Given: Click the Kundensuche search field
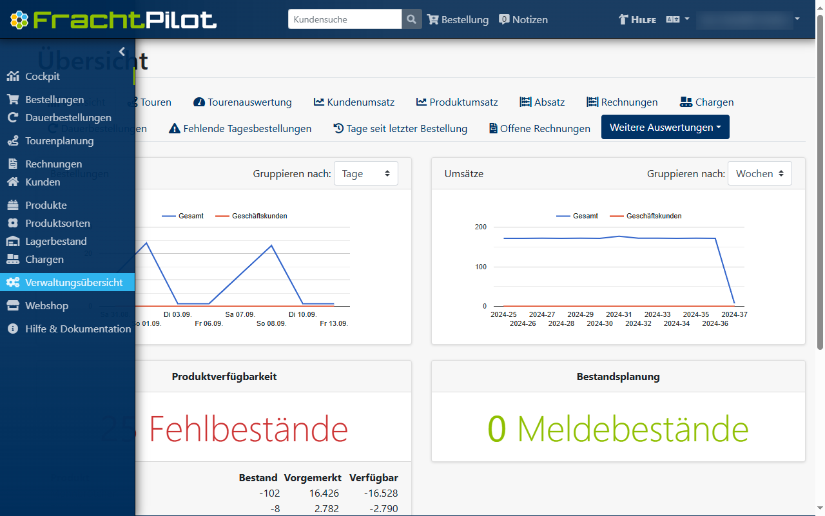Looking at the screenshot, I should click(345, 19).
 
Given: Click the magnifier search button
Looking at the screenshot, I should click(412, 19).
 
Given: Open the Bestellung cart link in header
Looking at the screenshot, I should click(458, 19).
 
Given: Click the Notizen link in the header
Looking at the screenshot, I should click(523, 19).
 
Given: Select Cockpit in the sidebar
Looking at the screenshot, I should click(43, 77).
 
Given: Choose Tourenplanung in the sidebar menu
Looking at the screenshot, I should click(59, 141).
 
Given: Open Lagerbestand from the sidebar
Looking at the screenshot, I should click(55, 242).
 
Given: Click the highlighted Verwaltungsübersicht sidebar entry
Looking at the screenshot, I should click(73, 283).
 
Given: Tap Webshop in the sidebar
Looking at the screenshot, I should click(55, 305).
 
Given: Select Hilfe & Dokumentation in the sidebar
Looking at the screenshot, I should click(77, 329).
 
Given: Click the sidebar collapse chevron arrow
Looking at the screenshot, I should click(122, 52).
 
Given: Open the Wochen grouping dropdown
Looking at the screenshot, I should click(759, 173).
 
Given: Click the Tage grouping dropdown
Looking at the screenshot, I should click(365, 173).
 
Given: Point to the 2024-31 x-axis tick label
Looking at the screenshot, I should click(619, 314).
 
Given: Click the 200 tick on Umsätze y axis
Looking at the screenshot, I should click(480, 227).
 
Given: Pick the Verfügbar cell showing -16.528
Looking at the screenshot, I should click(374, 493).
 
